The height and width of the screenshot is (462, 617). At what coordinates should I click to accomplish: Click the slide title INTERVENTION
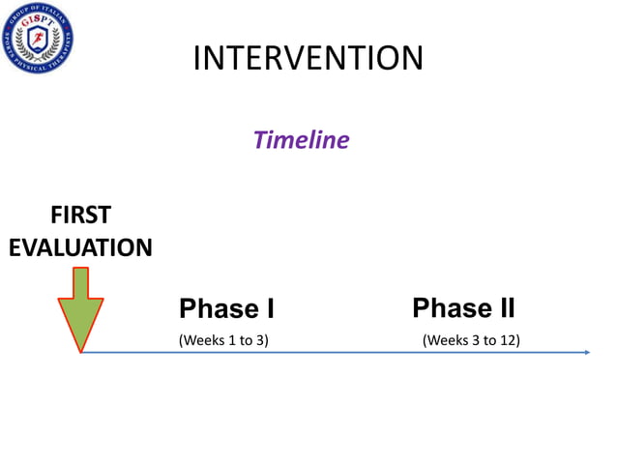[x=308, y=58]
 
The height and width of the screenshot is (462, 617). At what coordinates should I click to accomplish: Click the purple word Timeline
[x=300, y=140]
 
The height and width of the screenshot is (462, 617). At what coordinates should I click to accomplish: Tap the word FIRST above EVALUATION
[x=80, y=215]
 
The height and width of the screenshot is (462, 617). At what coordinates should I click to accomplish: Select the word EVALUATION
[x=80, y=247]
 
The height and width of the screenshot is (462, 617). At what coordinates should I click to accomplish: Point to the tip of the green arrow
[x=80, y=350]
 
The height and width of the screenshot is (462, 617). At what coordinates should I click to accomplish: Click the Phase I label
[x=226, y=309]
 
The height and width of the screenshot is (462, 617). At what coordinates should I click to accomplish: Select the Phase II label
[x=463, y=308]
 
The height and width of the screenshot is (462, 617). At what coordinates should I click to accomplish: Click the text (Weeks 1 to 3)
[x=223, y=340]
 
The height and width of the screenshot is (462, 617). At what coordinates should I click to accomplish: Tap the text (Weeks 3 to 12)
[x=471, y=340]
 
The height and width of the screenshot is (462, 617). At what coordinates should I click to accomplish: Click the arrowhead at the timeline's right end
[x=586, y=352]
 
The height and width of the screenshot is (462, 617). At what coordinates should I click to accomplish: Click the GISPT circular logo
[x=38, y=38]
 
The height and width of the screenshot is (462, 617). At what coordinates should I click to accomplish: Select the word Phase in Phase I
[x=215, y=309]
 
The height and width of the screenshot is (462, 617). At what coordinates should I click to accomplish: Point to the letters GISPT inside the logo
[x=38, y=24]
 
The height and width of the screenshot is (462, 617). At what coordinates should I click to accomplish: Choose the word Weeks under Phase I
[x=204, y=340]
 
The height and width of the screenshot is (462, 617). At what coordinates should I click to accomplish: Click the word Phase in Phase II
[x=449, y=308]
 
